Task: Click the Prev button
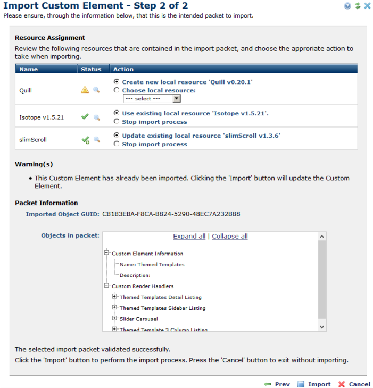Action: [x=277, y=384]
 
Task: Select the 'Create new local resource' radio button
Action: [x=117, y=82]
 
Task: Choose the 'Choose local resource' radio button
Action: [x=117, y=90]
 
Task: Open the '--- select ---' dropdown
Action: [x=152, y=98]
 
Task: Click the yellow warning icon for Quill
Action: [x=85, y=90]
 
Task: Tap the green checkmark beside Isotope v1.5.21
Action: [x=85, y=117]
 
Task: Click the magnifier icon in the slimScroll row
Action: [x=97, y=140]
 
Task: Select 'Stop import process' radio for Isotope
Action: [x=117, y=121]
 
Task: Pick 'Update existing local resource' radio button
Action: [x=117, y=136]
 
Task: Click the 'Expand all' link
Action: [x=189, y=237]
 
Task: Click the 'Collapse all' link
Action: [x=230, y=237]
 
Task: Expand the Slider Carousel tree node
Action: [x=114, y=318]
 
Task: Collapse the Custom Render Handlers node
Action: [x=106, y=285]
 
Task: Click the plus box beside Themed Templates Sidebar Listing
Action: [x=114, y=307]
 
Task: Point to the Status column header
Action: [x=90, y=69]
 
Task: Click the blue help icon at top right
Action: [x=347, y=6]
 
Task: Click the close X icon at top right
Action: [x=367, y=6]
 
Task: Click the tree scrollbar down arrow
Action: [x=321, y=326]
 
